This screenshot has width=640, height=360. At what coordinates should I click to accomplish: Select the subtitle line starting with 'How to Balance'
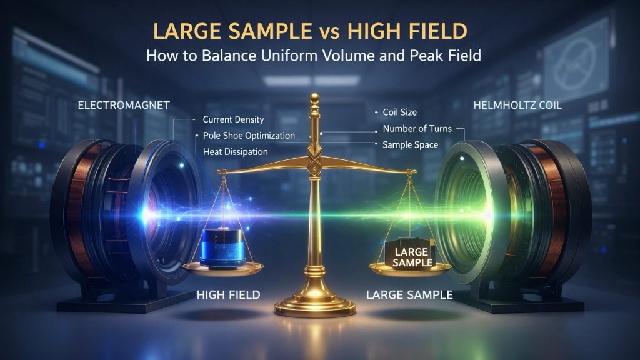coord(313,55)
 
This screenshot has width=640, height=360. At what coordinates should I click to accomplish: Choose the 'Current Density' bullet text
coord(234,119)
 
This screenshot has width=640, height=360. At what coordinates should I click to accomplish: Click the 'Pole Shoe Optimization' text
coord(249,136)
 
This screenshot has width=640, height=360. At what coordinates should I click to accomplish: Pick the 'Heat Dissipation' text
coord(236,151)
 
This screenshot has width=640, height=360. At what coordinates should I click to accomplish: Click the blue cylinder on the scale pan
coord(224,247)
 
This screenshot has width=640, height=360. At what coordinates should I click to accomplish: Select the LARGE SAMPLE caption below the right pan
coord(410,294)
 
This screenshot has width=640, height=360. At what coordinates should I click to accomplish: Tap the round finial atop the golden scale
coord(315,99)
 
